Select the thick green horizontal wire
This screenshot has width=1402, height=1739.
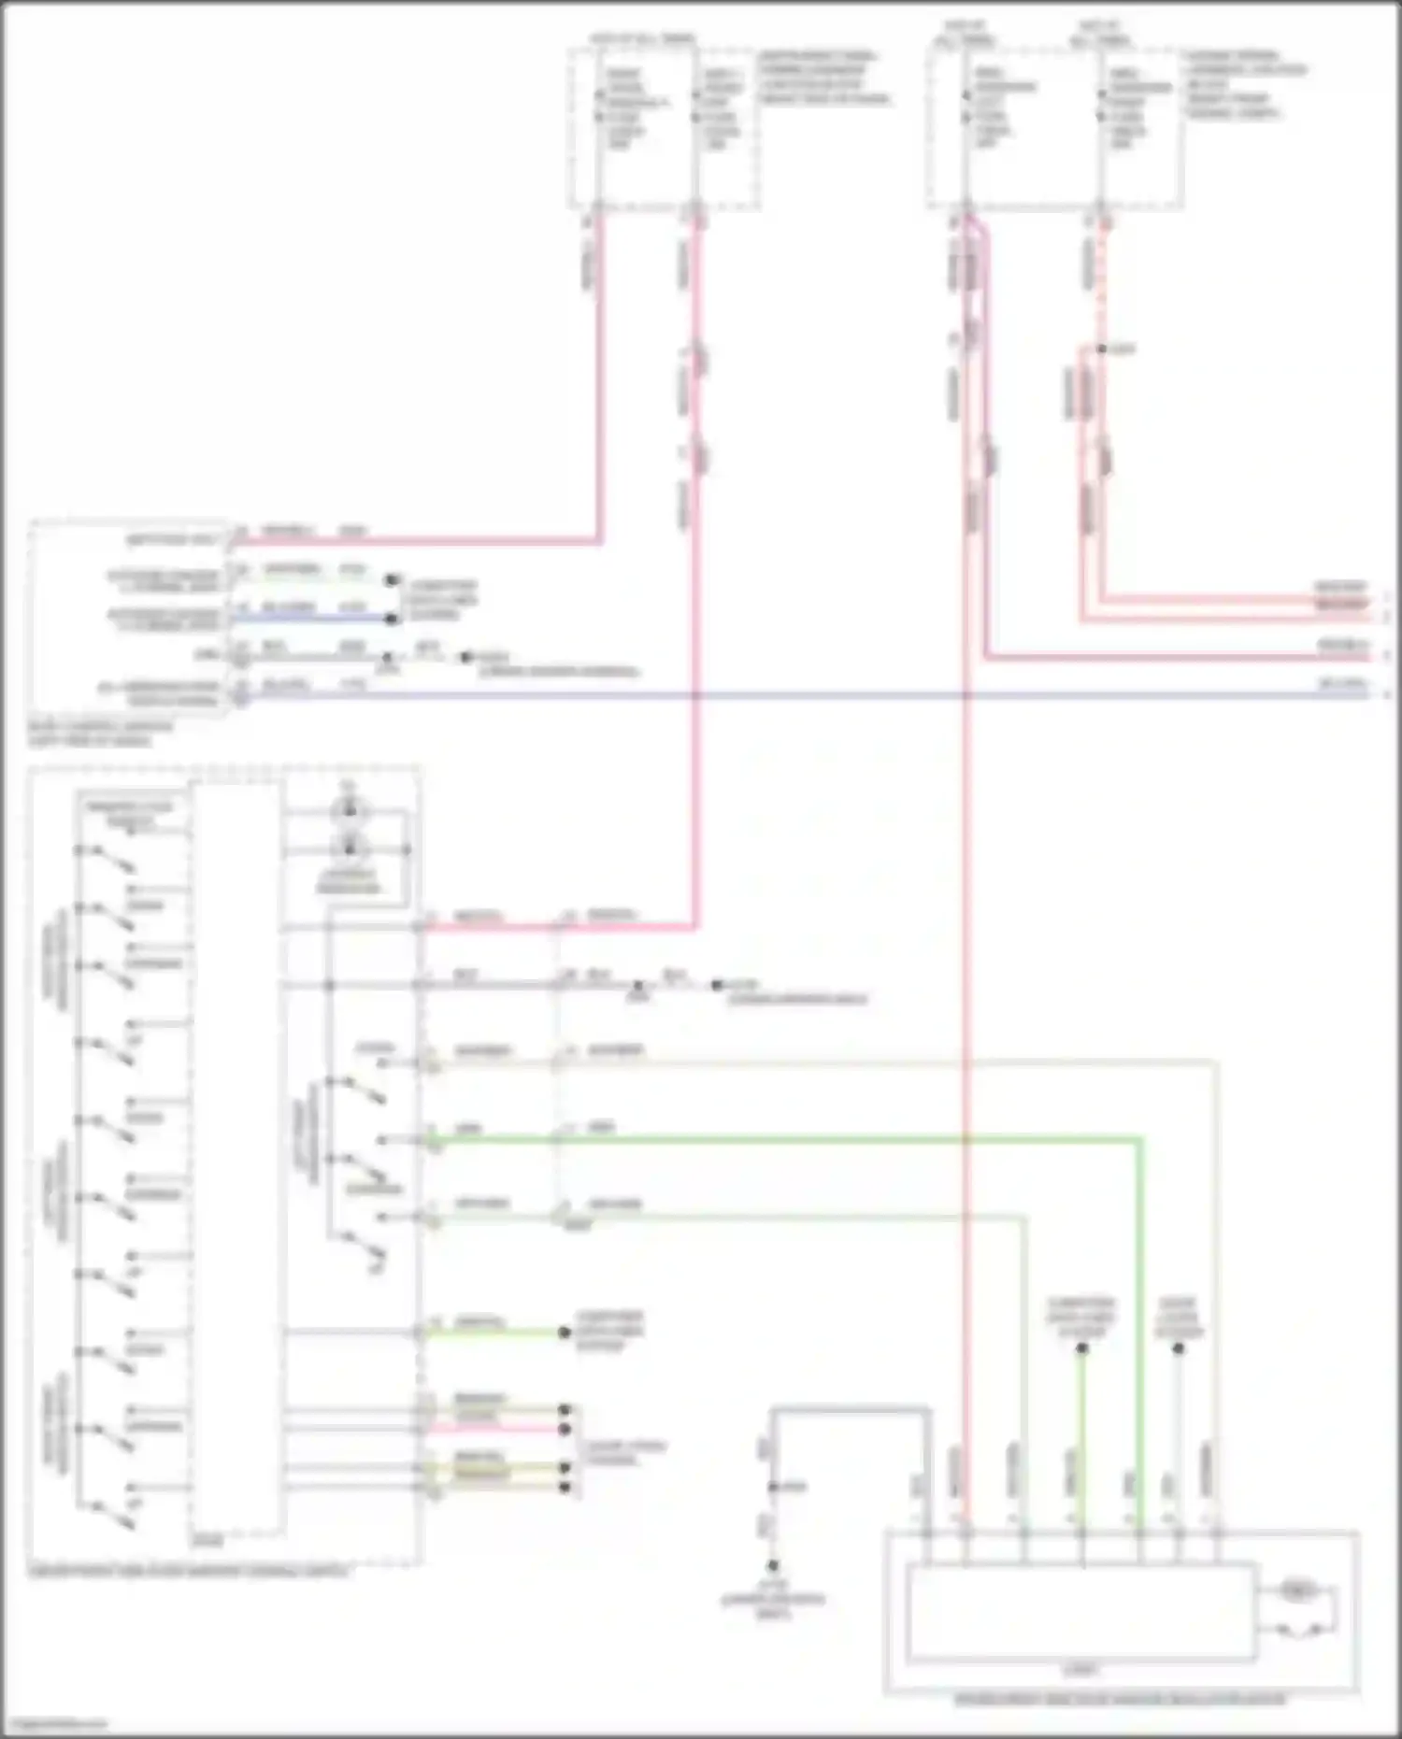pyautogui.click(x=785, y=1140)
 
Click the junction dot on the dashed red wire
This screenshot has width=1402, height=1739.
pyautogui.click(x=1102, y=349)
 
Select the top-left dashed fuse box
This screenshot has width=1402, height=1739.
pyautogui.click(x=663, y=129)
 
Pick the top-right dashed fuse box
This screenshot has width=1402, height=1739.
pyautogui.click(x=1056, y=129)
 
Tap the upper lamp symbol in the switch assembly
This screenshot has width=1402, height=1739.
pyautogui.click(x=350, y=811)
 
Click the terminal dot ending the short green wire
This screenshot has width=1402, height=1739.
pyautogui.click(x=565, y=1333)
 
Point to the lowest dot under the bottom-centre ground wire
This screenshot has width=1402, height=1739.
pyautogui.click(x=773, y=1566)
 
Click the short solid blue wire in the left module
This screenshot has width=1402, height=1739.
pyautogui.click(x=318, y=618)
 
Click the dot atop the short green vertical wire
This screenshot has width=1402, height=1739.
pyautogui.click(x=1082, y=1348)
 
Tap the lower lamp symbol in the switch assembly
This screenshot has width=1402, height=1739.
pyautogui.click(x=350, y=848)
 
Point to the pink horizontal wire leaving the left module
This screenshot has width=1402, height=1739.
pyautogui.click(x=421, y=541)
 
